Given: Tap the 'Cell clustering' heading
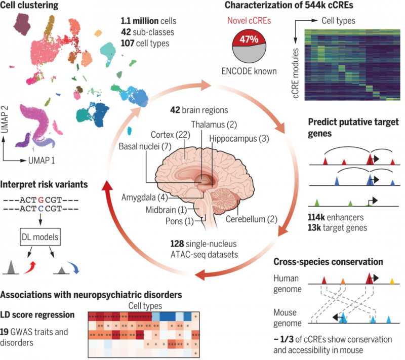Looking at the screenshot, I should coord(31,6).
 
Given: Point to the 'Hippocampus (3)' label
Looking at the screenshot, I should coord(239,138).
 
